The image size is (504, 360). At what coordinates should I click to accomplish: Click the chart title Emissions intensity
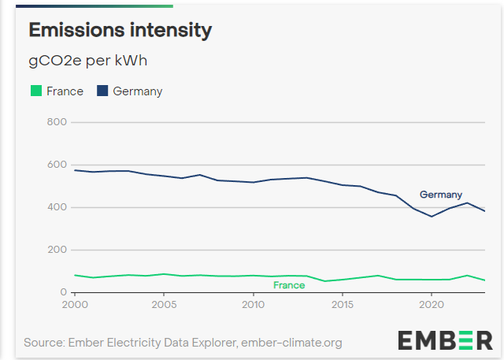120,31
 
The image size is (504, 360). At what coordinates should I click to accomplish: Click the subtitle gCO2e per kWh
88,61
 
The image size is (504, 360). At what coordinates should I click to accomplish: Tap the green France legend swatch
35,91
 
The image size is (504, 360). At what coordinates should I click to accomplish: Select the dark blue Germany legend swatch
102,91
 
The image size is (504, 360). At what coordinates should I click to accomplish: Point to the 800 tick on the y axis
57,122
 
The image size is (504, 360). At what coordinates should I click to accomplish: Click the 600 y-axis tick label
57,165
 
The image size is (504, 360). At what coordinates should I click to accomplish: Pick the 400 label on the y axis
57,207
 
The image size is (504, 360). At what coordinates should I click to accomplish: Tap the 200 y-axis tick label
57,250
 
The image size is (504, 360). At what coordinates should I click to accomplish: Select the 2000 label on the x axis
74,304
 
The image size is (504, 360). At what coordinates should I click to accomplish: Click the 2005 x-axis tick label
163,304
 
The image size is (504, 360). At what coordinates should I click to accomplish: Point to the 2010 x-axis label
253,304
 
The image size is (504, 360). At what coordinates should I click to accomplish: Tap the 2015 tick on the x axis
342,304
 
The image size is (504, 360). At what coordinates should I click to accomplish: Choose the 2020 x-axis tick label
431,304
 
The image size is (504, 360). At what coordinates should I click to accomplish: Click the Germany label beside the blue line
440,195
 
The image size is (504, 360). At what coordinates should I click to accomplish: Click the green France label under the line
288,285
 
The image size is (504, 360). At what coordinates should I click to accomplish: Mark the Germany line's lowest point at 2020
431,216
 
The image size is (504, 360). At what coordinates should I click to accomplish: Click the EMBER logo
445,340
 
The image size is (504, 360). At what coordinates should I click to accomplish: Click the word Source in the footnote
43,343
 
